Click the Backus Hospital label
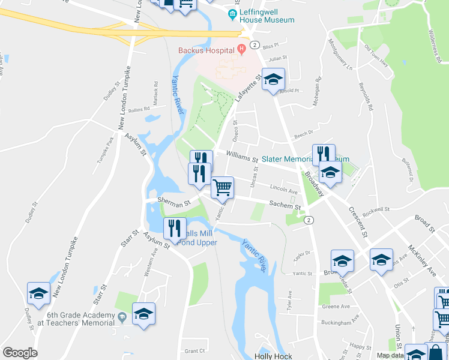pyautogui.click(x=205, y=50)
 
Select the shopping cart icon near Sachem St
pyautogui.click(x=222, y=187)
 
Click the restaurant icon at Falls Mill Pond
pyautogui.click(x=175, y=229)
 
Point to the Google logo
pyautogui.click(x=20, y=353)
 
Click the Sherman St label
pyautogui.click(x=173, y=203)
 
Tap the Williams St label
pyautogui.click(x=243, y=157)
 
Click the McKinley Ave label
pyautogui.click(x=424, y=260)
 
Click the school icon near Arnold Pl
pyautogui.click(x=273, y=80)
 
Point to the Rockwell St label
pyautogui.click(x=376, y=210)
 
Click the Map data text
pyautogui.click(x=391, y=355)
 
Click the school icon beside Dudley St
pyautogui.click(x=38, y=294)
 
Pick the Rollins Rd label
pyautogui.click(x=139, y=110)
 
